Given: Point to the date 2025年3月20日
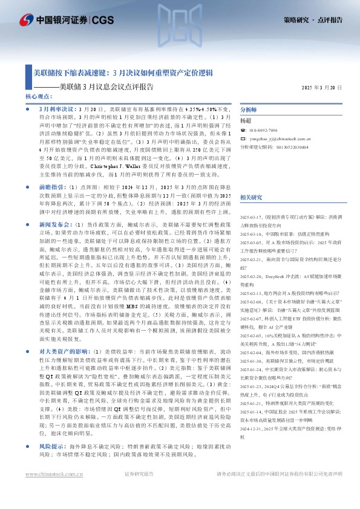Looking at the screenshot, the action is pyautogui.click(x=321, y=87).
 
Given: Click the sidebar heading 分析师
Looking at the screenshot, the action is pyautogui.click(x=249, y=110).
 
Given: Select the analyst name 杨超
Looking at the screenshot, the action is pyautogui.click(x=246, y=120).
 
